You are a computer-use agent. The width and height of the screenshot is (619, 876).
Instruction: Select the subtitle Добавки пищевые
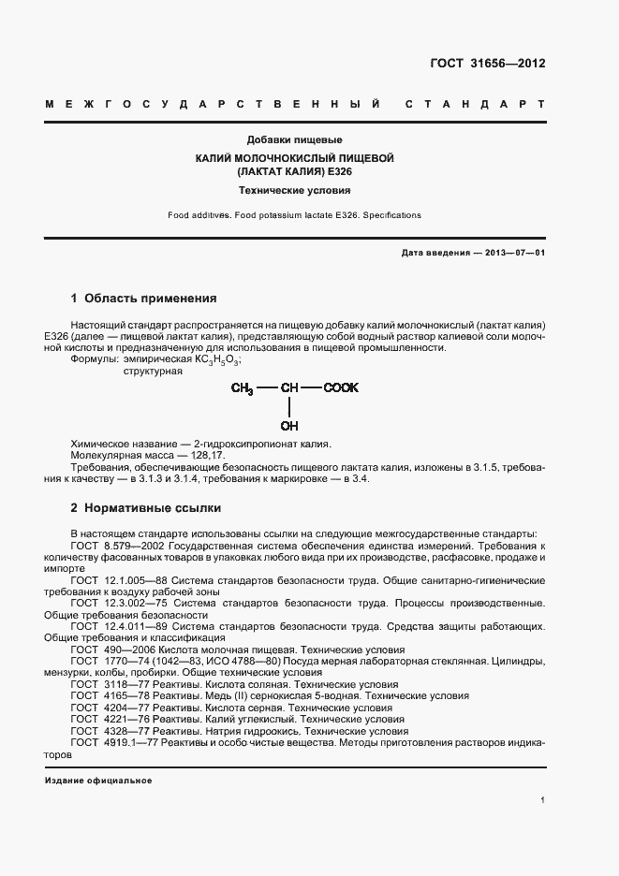[294, 139]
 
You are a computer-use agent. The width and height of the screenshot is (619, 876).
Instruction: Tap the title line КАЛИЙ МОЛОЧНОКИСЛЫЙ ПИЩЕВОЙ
[294, 158]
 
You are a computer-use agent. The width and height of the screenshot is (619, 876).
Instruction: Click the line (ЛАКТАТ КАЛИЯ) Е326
[294, 172]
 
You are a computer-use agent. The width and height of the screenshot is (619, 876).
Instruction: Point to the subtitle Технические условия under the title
[294, 190]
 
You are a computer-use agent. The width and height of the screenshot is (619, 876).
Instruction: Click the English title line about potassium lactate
[294, 215]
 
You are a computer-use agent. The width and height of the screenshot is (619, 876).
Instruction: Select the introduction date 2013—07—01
[514, 253]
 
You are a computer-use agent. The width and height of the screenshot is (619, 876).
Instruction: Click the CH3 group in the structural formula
[243, 387]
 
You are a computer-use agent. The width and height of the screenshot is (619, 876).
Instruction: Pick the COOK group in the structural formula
[341, 387]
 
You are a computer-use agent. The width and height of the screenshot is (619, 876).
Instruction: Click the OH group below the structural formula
[289, 426]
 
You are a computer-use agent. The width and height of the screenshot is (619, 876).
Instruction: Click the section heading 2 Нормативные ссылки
[146, 508]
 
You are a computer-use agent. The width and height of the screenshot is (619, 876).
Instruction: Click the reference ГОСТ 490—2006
[107, 650]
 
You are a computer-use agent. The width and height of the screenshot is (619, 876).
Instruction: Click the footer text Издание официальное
[97, 780]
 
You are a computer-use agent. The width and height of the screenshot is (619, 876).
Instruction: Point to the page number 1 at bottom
[542, 800]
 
